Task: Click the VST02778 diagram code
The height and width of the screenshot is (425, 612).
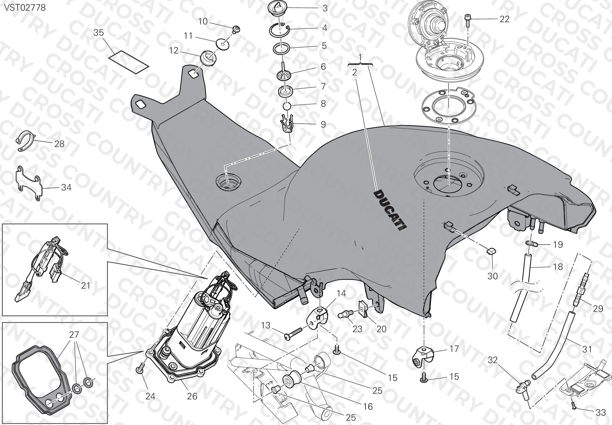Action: (25, 7)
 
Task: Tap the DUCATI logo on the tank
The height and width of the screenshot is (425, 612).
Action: (390, 210)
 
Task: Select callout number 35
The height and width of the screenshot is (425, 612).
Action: (99, 33)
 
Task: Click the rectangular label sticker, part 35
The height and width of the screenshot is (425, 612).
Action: (128, 62)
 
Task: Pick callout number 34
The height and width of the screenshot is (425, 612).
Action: (66, 187)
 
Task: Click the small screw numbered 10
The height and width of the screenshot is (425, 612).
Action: (236, 29)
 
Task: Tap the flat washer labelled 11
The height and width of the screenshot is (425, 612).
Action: (223, 44)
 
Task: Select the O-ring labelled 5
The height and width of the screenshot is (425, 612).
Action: (282, 49)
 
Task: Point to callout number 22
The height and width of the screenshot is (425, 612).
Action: (504, 19)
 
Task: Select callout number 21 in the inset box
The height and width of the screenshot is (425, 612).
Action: (85, 285)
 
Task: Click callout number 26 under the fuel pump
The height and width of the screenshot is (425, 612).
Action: (192, 396)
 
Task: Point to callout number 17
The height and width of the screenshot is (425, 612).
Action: (454, 348)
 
